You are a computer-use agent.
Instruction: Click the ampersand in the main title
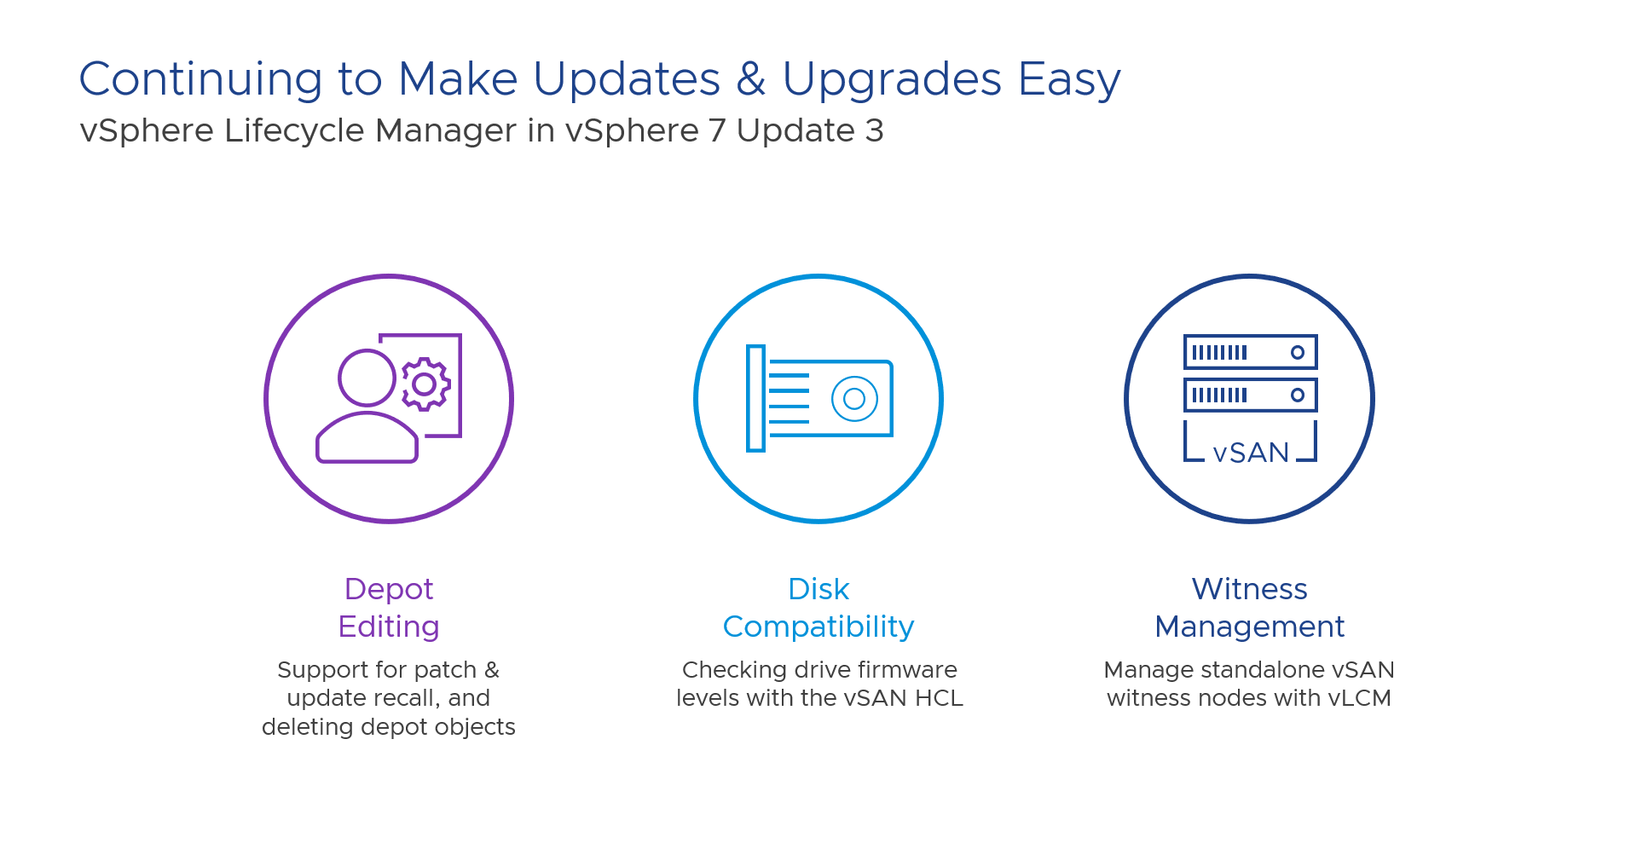(751, 79)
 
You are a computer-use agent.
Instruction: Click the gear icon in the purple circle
(425, 384)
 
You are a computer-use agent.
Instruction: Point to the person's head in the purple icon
(367, 378)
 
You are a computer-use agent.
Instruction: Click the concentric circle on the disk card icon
(854, 398)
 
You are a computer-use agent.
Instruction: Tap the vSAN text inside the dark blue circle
(1251, 453)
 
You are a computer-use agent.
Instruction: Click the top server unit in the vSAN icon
(1251, 352)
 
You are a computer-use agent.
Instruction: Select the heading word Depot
(389, 590)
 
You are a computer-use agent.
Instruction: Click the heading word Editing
(389, 627)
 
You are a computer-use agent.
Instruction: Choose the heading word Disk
(818, 589)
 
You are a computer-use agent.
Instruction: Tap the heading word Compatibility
(818, 627)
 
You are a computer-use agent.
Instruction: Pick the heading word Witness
(1250, 589)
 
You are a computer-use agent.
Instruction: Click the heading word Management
(1250, 627)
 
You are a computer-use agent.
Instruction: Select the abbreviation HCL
(939, 698)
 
